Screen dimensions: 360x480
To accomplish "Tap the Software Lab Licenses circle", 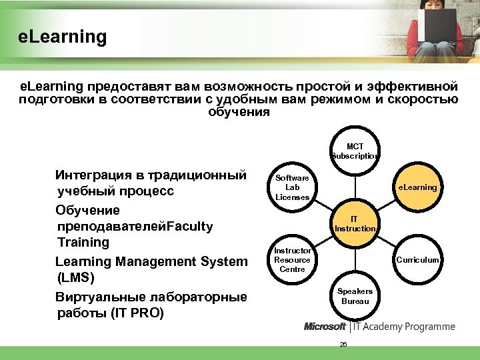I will tap(292, 187).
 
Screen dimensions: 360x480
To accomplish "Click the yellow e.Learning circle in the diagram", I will tap(418, 187).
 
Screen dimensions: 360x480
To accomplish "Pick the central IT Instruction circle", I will tap(355, 223).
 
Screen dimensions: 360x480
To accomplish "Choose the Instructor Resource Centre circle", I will tap(292, 260).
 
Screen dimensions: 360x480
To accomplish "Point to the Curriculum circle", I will tap(418, 260).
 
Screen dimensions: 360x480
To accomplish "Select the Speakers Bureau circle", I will tap(355, 296).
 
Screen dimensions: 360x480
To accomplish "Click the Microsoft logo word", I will tap(325, 327).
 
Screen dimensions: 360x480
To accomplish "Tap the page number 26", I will tap(343, 344).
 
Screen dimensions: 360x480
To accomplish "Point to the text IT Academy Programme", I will tap(404, 327).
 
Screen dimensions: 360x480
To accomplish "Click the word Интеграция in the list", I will tap(95, 175).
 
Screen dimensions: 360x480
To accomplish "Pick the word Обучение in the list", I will tap(87, 210).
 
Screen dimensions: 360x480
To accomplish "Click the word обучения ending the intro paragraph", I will tap(239, 112).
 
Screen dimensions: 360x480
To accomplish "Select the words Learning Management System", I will tap(151, 261).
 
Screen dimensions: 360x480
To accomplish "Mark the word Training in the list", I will tap(83, 242).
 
